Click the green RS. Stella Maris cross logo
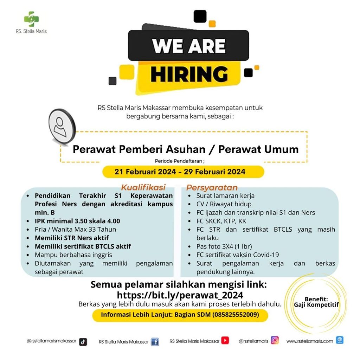pos(31,19)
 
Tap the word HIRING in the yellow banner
pos(189,74)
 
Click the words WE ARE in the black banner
pos(189,46)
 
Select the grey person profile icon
pos(62,126)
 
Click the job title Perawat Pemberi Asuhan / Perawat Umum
pos(186,149)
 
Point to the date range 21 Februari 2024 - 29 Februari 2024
pos(180,172)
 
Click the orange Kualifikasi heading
pos(143,187)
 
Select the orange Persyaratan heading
pos(212,188)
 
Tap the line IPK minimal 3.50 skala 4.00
pos(77,221)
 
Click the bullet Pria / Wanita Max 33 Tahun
pos(75,229)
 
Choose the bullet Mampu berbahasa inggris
pos(73,255)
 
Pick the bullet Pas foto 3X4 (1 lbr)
pos(224,246)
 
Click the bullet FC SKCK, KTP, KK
pos(221,221)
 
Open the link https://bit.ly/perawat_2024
pos(180,295)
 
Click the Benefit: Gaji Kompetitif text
pos(316,302)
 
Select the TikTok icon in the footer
pos(83,342)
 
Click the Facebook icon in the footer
pos(155,342)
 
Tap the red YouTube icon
pos(225,340)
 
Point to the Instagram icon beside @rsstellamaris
pos(275,340)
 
